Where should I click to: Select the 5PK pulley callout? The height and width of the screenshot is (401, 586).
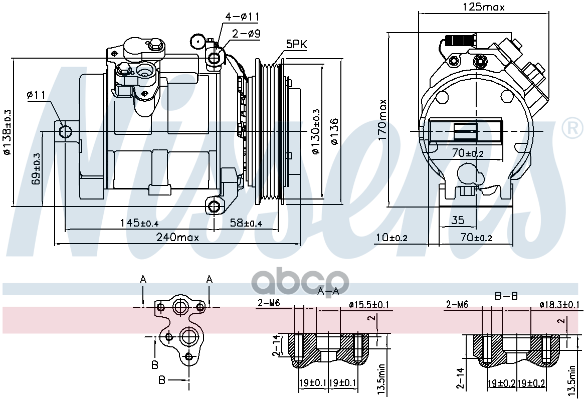(x=296, y=45)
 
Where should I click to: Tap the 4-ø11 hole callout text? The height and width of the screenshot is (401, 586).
(x=242, y=17)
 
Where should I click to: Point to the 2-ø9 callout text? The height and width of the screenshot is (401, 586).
(x=246, y=34)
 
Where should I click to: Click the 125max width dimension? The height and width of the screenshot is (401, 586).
(x=483, y=7)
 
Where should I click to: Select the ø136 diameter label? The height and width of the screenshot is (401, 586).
(x=335, y=131)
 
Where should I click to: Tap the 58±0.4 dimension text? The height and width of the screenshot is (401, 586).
(x=246, y=223)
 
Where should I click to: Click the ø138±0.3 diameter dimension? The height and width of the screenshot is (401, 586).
(x=7, y=131)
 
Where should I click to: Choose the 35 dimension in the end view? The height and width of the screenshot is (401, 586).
(x=457, y=220)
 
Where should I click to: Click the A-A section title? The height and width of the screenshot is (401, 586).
(x=328, y=291)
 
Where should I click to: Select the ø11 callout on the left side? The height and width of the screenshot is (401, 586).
(x=37, y=94)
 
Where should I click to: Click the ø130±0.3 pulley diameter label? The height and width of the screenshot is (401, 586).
(x=315, y=131)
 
